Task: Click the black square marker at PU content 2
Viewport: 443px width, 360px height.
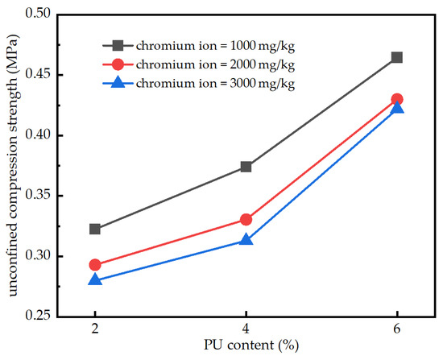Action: coord(95,229)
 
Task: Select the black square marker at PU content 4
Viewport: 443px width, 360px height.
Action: coord(246,167)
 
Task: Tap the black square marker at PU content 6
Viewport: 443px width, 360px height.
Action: coord(396,57)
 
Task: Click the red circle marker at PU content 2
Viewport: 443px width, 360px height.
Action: coord(95,264)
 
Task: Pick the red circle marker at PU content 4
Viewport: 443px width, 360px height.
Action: coord(246,219)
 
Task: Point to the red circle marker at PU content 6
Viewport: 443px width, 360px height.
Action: coord(396,99)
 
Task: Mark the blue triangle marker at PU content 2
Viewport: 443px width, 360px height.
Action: coord(95,279)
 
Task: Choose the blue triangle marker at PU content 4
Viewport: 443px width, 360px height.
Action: coord(246,240)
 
